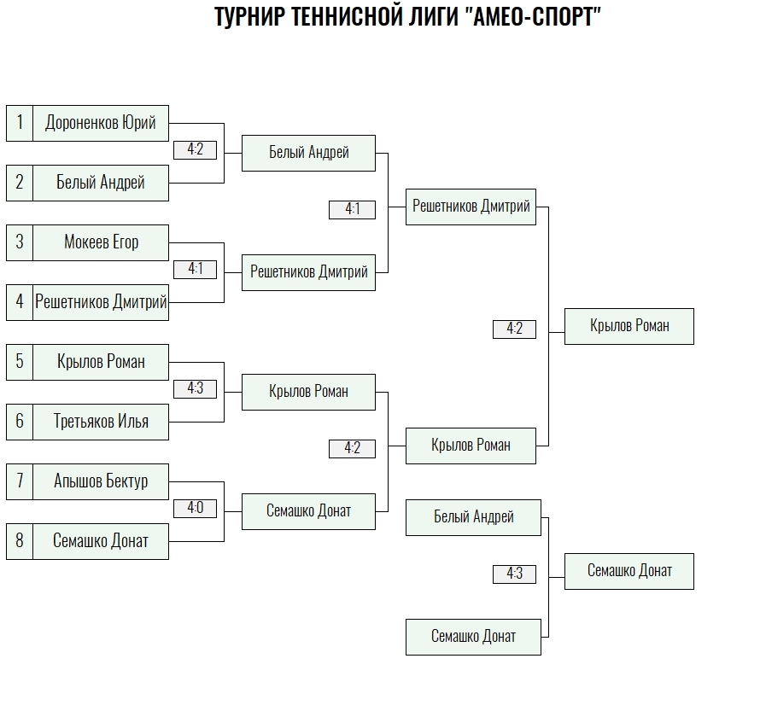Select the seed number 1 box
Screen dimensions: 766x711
(x=20, y=123)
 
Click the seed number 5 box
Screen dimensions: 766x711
(x=20, y=363)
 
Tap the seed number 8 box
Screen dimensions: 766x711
(x=20, y=541)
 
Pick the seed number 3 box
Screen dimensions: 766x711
(x=20, y=242)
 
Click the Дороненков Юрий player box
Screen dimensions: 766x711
(x=101, y=123)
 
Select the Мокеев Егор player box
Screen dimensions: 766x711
(x=101, y=242)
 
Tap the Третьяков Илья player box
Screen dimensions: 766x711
(x=101, y=422)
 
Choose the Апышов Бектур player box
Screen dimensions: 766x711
(x=101, y=481)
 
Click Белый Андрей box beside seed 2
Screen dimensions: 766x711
(x=101, y=183)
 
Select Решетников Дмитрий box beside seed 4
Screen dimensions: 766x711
(x=101, y=302)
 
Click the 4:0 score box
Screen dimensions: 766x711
(x=195, y=509)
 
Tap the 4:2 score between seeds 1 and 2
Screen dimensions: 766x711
(x=195, y=150)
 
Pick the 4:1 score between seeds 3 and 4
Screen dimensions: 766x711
(x=195, y=270)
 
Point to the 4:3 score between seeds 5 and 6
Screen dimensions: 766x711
(x=195, y=388)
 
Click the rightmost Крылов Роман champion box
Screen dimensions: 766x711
(x=629, y=326)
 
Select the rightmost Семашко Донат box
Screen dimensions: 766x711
(x=629, y=571)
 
